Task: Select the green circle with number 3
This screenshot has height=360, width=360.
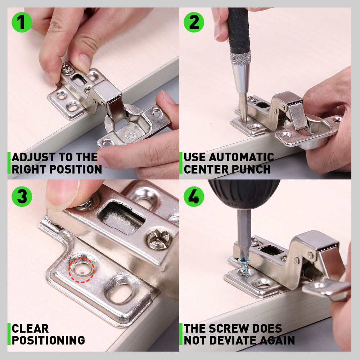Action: pyautogui.click(x=22, y=197)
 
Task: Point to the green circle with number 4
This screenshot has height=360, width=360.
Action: pyautogui.click(x=194, y=197)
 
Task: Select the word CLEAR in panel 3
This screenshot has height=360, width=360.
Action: pyautogui.click(x=30, y=328)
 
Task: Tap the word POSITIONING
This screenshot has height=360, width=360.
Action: pyautogui.click(x=48, y=340)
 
